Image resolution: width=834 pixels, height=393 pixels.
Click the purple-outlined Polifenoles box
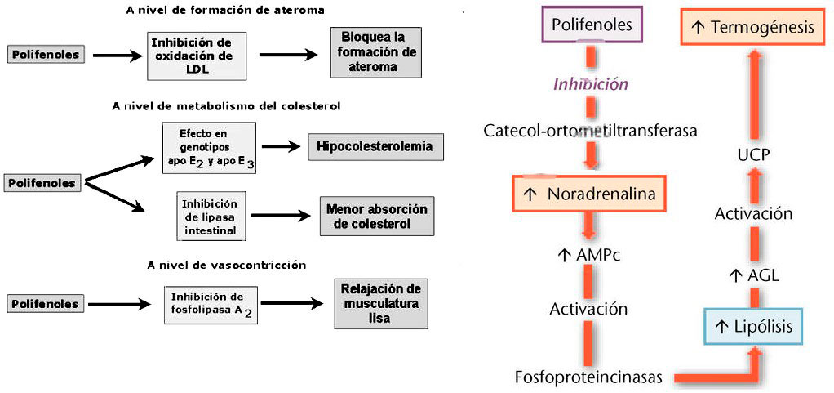592,25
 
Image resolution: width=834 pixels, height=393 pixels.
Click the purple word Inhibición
591,83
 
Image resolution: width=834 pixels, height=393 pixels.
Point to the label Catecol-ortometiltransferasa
590,131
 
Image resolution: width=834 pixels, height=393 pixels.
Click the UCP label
752,154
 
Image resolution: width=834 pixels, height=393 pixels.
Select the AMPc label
588,255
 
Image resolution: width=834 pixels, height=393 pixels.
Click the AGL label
752,275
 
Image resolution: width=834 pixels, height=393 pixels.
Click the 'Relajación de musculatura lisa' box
379,304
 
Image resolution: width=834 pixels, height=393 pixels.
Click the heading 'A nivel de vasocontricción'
215,265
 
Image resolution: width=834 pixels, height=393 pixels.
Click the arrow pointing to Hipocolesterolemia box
280,147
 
